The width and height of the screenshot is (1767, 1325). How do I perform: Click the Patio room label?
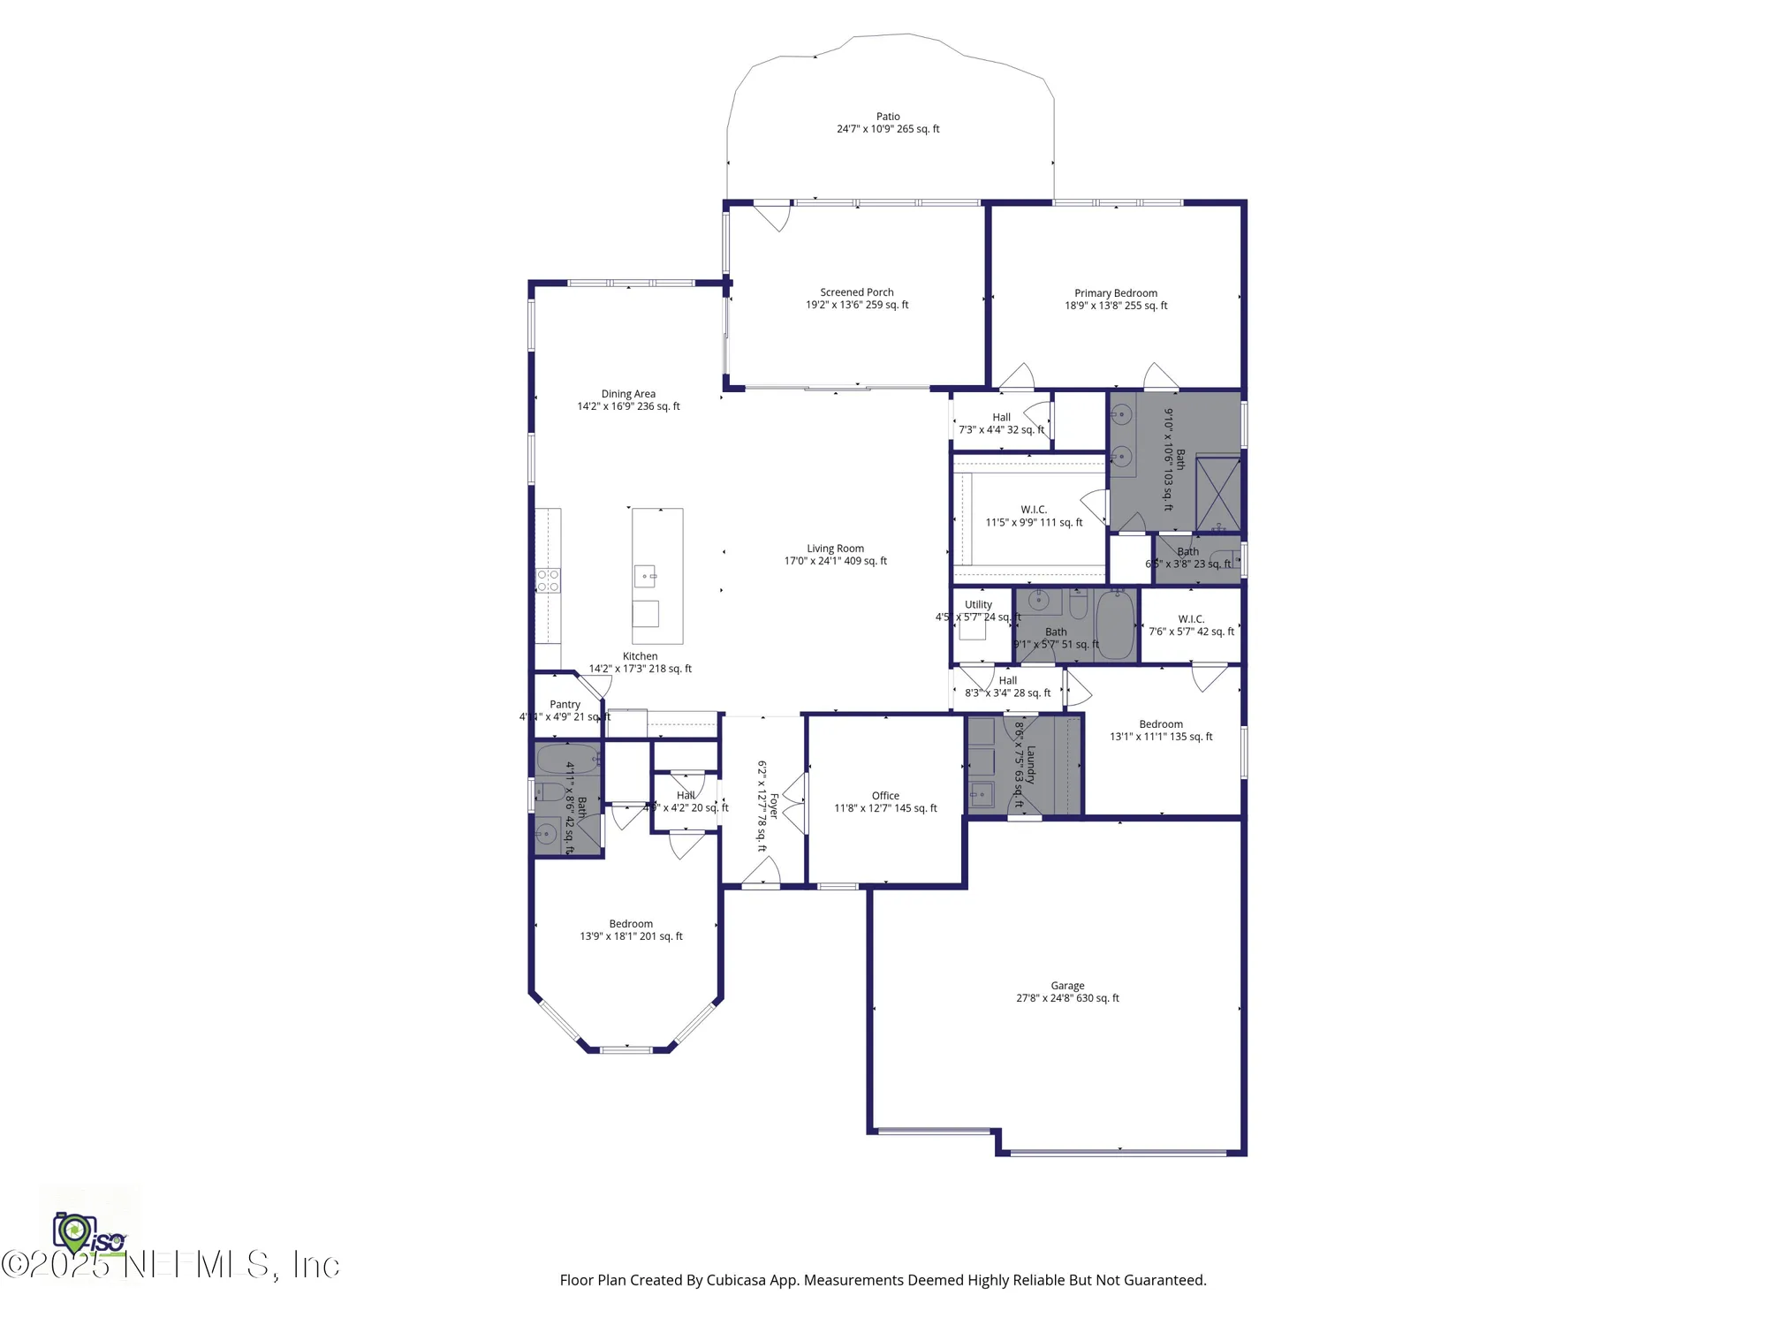pyautogui.click(x=888, y=117)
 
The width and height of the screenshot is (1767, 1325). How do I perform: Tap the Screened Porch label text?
pyautogui.click(x=856, y=292)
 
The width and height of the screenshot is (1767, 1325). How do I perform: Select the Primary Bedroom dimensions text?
pyautogui.click(x=1115, y=306)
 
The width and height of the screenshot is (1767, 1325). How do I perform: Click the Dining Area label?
pyautogui.click(x=628, y=394)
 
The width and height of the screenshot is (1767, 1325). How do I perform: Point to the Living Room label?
pyautogui.click(x=835, y=549)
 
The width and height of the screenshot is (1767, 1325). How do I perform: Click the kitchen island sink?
pyautogui.click(x=646, y=576)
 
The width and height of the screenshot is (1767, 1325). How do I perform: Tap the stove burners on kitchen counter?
pyautogui.click(x=548, y=580)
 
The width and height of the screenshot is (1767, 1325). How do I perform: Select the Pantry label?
pyautogui.click(x=565, y=705)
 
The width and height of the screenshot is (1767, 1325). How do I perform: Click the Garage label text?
pyautogui.click(x=1067, y=986)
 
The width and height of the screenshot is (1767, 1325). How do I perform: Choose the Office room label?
pyautogui.click(x=885, y=796)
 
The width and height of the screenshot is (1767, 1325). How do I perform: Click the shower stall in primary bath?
pyautogui.click(x=1217, y=493)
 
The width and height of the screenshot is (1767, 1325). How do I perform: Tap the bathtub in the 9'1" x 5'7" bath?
pyautogui.click(x=1115, y=625)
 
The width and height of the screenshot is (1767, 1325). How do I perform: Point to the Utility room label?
pyautogui.click(x=978, y=605)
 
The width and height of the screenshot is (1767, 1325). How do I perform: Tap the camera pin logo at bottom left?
pyautogui.click(x=74, y=1232)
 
